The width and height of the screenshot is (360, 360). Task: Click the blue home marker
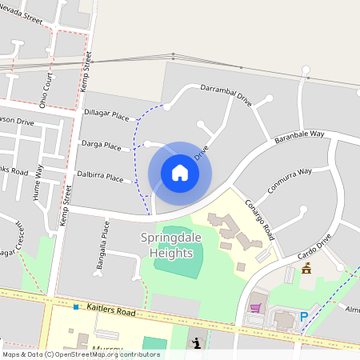click(x=180, y=173)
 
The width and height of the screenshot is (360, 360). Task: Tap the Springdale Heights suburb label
click(x=167, y=246)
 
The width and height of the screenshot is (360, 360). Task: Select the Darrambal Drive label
click(x=226, y=95)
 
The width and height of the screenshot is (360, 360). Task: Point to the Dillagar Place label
click(x=106, y=117)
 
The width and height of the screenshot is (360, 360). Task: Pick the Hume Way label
click(x=37, y=194)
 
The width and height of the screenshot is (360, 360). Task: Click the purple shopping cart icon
click(x=255, y=307)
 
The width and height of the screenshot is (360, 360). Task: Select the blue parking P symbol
click(x=303, y=318)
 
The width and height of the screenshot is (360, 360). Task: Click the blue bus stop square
click(x=76, y=307)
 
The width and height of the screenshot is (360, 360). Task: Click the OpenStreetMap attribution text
click(x=81, y=354)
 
